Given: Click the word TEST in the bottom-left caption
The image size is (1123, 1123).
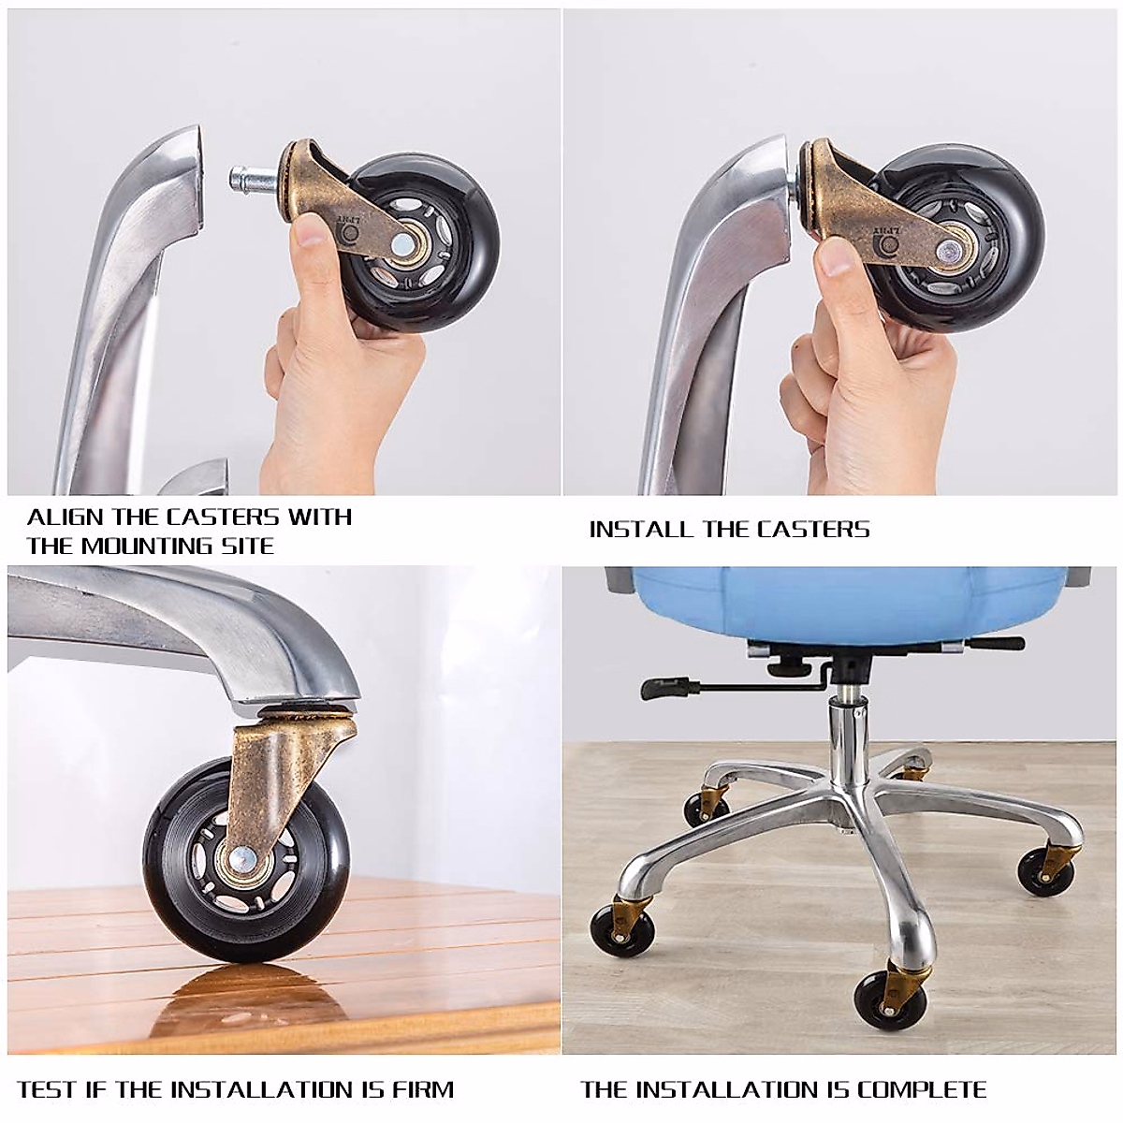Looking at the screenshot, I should point(44,1090).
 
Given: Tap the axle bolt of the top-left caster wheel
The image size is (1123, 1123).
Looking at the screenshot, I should point(405,245).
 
